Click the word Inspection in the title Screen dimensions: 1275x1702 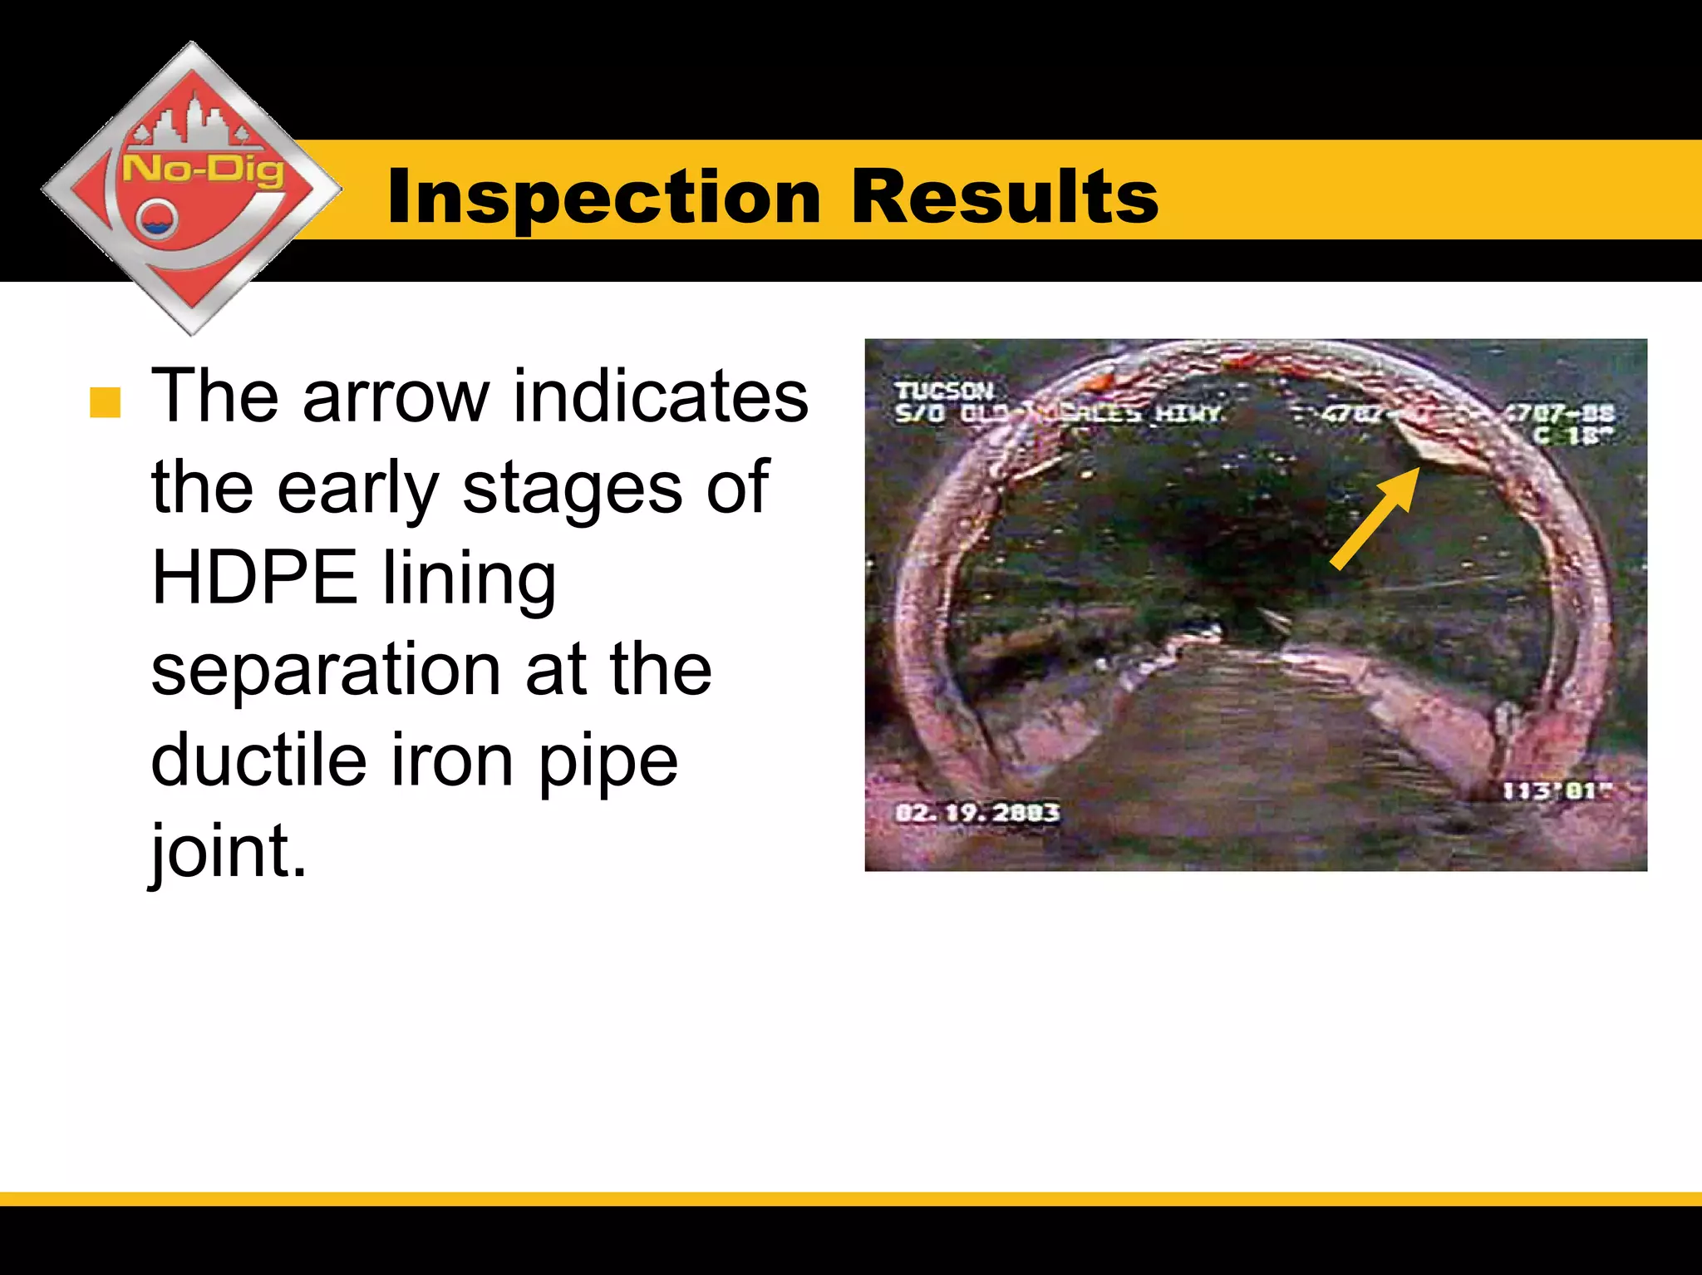click(604, 196)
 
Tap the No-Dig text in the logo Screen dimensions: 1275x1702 click(204, 170)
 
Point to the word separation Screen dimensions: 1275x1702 click(326, 670)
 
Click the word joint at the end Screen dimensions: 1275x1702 click(228, 851)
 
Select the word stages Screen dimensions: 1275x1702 click(573, 489)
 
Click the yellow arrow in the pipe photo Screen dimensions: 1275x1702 click(1374, 519)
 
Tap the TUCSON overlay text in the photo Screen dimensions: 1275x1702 click(943, 390)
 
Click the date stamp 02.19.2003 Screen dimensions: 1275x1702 click(977, 812)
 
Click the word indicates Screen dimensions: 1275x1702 click(660, 397)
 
